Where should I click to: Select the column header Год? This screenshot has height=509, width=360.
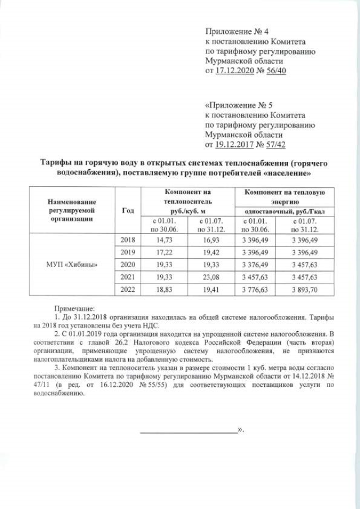(127, 210)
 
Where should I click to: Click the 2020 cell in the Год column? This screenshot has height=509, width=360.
(128, 264)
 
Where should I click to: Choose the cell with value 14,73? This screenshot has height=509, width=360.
(161, 240)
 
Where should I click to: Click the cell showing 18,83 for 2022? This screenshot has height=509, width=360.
(161, 290)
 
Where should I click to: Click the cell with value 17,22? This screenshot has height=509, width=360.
(161, 253)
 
